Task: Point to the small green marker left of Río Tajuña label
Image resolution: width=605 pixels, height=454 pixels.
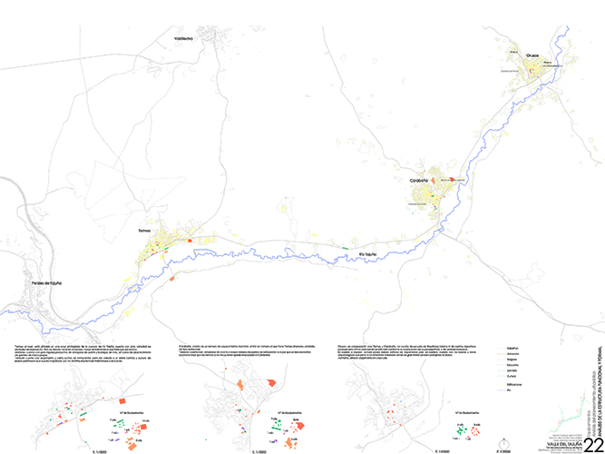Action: pyautogui.click(x=345, y=247)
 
